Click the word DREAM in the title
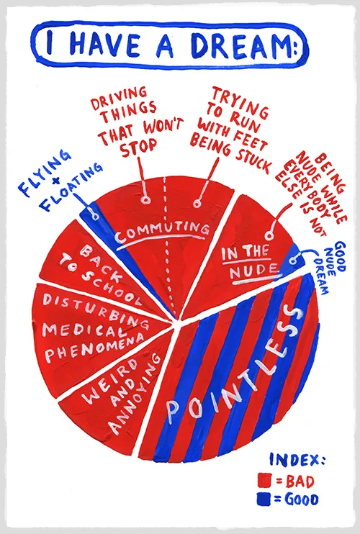[x=240, y=45]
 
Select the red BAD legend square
[x=264, y=481]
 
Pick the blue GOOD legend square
[x=264, y=499]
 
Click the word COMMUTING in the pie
[x=162, y=232]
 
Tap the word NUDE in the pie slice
[x=253, y=271]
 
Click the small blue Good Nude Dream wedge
[x=289, y=261]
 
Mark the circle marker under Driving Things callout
[x=146, y=199]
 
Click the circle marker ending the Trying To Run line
[x=197, y=204]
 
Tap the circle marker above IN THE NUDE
[x=269, y=235]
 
